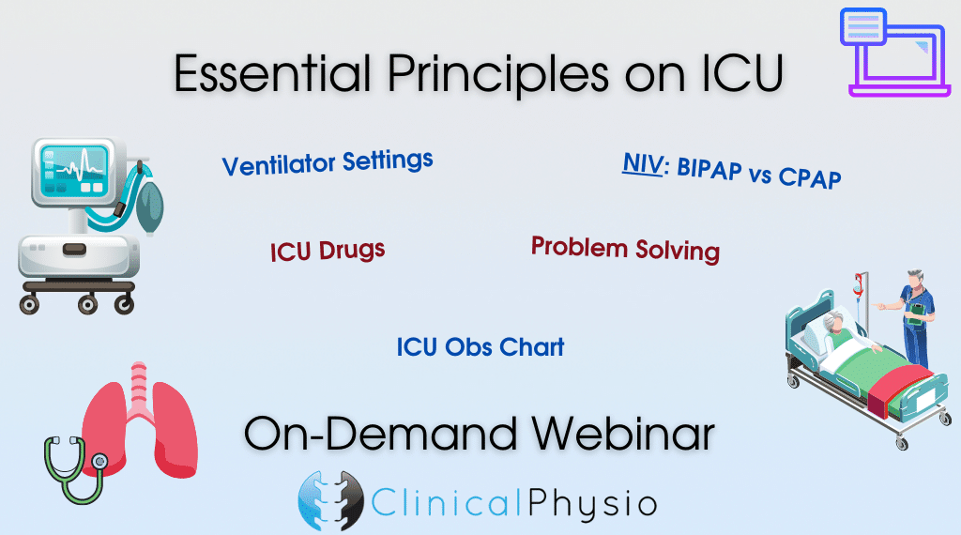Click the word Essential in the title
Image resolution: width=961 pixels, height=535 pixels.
click(x=273, y=73)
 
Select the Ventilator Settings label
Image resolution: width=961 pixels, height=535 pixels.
click(x=328, y=162)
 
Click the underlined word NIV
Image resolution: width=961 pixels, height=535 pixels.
click(x=643, y=163)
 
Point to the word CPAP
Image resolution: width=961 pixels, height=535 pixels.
click(x=810, y=177)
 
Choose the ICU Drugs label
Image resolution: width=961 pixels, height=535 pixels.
click(x=328, y=250)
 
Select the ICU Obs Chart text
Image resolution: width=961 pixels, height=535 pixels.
click(x=480, y=347)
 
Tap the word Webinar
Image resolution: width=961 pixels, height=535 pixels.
click(x=623, y=434)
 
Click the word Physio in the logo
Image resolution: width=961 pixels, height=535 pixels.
click(x=592, y=503)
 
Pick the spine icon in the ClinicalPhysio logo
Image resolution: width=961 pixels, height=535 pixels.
click(x=330, y=500)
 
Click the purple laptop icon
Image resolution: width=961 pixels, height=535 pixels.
click(x=894, y=52)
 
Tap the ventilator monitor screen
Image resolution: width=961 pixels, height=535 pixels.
click(x=74, y=170)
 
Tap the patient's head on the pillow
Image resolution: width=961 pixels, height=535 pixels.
click(x=834, y=322)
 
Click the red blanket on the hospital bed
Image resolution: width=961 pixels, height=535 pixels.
click(x=899, y=390)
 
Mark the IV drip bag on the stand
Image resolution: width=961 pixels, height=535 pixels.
click(x=859, y=286)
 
